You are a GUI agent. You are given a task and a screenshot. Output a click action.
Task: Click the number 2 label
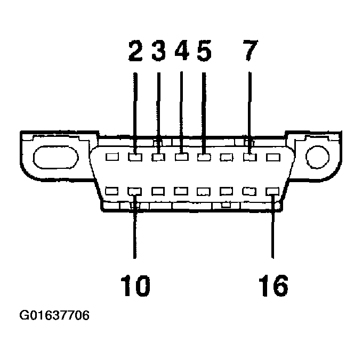(135, 52)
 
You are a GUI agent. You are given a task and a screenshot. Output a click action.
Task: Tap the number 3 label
(158, 52)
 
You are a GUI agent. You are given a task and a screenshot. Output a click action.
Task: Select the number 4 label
(182, 52)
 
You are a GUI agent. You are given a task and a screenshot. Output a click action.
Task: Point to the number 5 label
(204, 52)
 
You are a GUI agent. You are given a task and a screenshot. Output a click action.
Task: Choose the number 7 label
(250, 52)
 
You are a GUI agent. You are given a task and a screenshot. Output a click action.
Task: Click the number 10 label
(134, 286)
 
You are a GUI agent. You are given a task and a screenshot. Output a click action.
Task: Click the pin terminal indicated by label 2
(135, 158)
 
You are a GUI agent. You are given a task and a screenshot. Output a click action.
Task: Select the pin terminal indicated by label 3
(158, 158)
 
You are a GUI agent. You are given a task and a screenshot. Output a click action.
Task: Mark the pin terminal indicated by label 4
(182, 158)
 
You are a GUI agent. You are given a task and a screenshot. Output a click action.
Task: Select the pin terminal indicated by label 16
(272, 191)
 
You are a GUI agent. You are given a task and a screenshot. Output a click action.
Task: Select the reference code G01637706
(54, 316)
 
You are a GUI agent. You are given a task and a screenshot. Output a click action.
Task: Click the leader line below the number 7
(250, 107)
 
